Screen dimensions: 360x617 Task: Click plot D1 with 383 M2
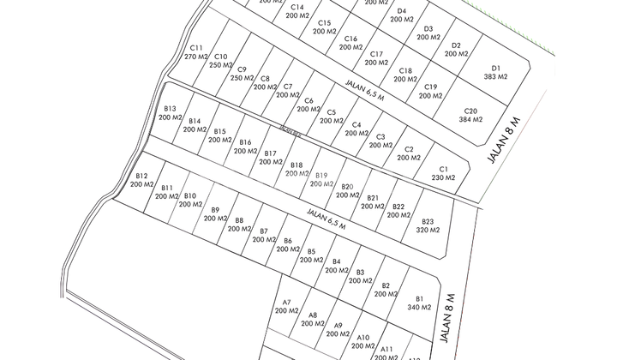click(495, 72)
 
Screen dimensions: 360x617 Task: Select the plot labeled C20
click(470, 115)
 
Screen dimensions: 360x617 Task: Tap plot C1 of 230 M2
click(443, 173)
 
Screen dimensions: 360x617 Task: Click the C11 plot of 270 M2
click(196, 52)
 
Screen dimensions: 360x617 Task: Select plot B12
click(141, 180)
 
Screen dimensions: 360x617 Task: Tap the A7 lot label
click(286, 306)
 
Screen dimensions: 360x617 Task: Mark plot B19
click(321, 179)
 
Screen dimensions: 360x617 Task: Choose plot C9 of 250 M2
click(242, 74)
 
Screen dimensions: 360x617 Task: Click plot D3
click(428, 33)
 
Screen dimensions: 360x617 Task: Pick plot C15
click(324, 27)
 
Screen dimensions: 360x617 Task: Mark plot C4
click(356, 129)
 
